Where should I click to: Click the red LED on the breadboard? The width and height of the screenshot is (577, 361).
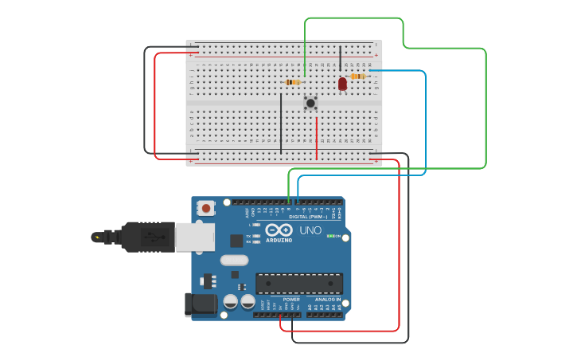click(x=342, y=83)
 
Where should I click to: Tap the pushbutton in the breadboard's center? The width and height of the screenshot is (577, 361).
click(x=310, y=103)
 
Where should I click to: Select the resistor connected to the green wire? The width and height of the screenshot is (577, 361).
click(x=292, y=82)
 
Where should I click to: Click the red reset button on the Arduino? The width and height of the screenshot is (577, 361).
click(x=206, y=208)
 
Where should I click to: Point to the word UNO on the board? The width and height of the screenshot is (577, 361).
click(x=310, y=230)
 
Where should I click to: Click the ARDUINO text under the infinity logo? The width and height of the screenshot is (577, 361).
click(x=279, y=240)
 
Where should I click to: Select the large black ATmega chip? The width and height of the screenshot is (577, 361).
click(x=299, y=283)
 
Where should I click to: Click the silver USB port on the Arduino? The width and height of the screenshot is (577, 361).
click(x=195, y=237)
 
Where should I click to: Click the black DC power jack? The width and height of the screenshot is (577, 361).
click(x=201, y=304)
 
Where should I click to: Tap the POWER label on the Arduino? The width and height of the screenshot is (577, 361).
click(x=291, y=300)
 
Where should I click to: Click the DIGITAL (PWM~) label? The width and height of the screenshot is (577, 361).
click(x=309, y=217)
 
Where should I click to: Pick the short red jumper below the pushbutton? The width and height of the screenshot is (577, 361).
click(x=317, y=139)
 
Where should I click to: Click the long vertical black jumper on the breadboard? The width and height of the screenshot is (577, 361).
click(x=281, y=123)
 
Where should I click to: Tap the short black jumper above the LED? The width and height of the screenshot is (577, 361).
click(x=341, y=60)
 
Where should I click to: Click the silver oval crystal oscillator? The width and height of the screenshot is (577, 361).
click(x=234, y=260)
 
